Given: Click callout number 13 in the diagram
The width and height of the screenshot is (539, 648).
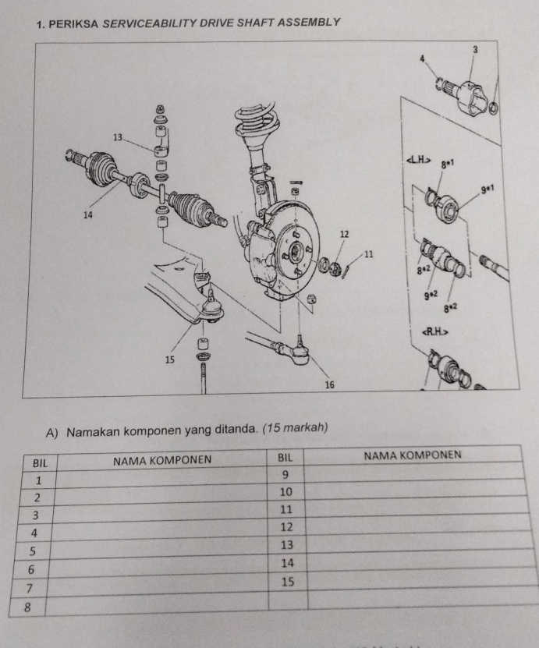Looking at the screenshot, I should tap(118, 138).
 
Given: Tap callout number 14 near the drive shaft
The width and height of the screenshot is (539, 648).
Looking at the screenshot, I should tap(88, 214).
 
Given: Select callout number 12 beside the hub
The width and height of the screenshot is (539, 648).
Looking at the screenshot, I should tap(344, 234).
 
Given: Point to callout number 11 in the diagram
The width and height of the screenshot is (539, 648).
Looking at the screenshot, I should tap(370, 254).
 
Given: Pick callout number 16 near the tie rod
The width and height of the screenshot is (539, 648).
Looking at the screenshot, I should tap(329, 385).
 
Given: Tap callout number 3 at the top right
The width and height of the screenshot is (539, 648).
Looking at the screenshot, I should tap(473, 49).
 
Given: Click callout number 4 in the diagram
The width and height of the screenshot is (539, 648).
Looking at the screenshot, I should tap(421, 58).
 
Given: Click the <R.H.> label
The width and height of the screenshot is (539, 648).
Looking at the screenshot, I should tap(434, 332).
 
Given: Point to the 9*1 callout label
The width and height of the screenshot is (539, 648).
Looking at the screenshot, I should tap(489, 188).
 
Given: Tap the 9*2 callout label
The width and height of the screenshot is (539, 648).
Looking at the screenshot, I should tap(431, 296).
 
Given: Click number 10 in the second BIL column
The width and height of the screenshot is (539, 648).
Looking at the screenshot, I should tap(285, 492).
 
